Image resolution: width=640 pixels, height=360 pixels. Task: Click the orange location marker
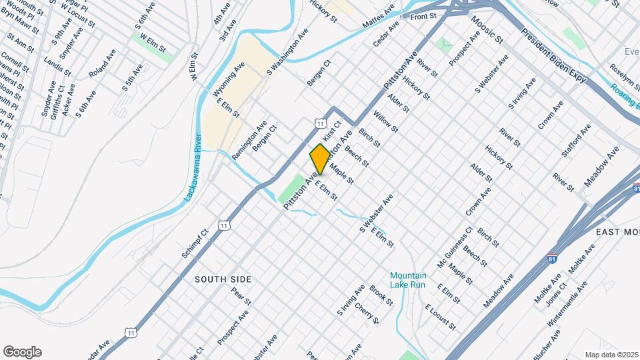[x=320, y=159]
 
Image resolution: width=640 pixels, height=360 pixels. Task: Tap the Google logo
[x=22, y=352]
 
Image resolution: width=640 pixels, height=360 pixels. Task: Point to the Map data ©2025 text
[x=611, y=355]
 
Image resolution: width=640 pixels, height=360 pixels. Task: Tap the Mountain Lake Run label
[x=407, y=280]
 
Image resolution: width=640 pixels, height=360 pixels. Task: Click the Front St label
[x=423, y=15]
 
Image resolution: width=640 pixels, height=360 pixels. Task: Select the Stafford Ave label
[x=576, y=139]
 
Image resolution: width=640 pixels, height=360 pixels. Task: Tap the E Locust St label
[x=441, y=318]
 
